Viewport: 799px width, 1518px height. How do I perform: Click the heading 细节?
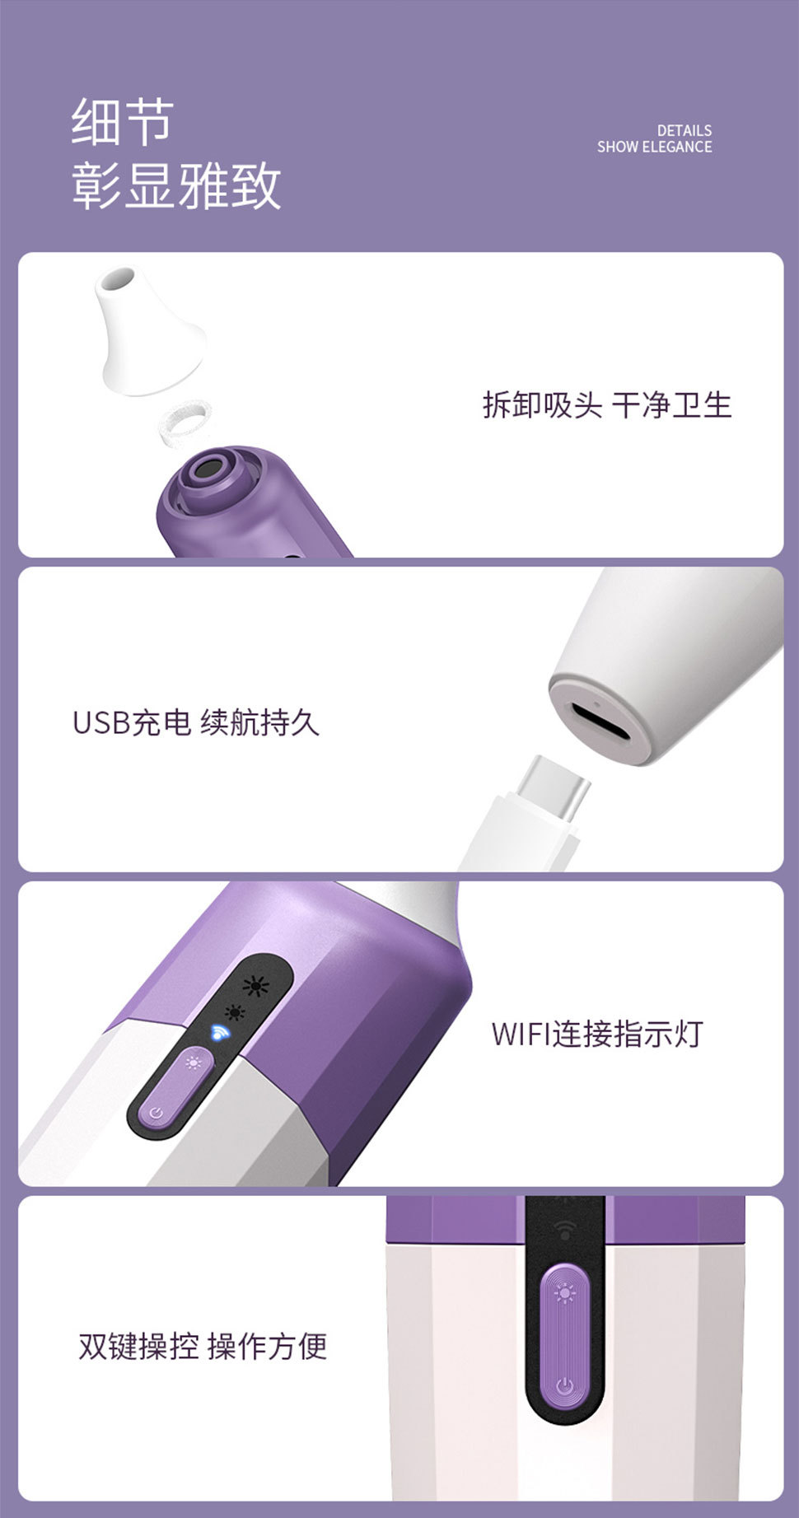(122, 122)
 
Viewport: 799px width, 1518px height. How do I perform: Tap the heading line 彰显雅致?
(176, 186)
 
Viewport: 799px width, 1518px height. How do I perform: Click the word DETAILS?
(684, 130)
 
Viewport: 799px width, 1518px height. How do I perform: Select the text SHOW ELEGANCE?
(654, 147)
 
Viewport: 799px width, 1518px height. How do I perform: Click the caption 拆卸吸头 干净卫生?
(607, 405)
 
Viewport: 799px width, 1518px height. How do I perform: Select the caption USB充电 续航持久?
(195, 723)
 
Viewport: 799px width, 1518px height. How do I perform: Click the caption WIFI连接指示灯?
(596, 1034)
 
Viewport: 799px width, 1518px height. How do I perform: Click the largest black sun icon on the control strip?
(256, 985)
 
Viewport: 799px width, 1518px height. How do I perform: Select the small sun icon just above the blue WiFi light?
(235, 1012)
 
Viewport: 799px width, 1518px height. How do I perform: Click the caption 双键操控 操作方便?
(203, 1346)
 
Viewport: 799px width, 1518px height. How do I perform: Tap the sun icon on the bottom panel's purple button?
(564, 1294)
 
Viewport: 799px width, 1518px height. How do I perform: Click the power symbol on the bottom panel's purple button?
(564, 1385)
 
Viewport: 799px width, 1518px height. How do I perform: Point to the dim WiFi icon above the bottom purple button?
(565, 1229)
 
